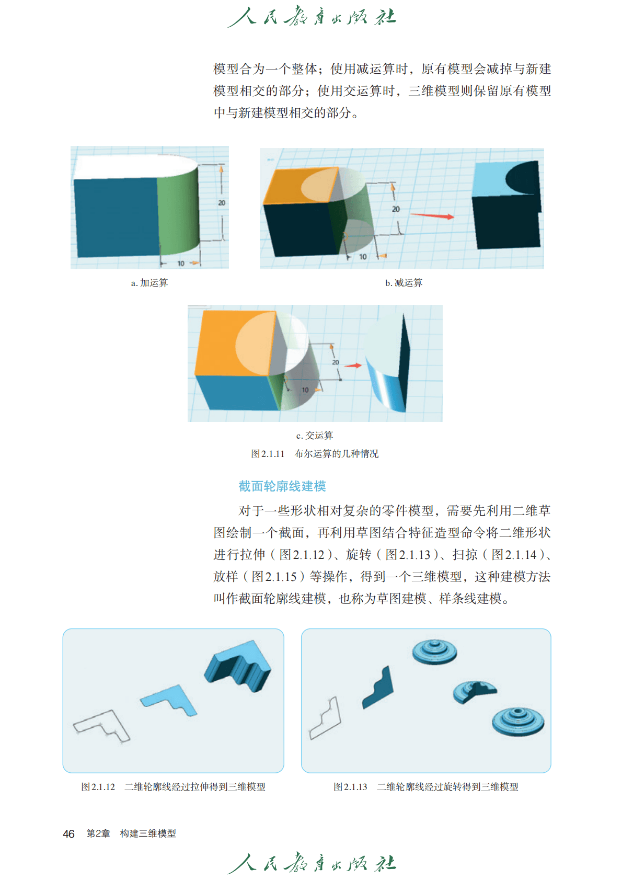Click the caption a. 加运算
pyautogui.click(x=149, y=283)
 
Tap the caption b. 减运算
pyautogui.click(x=404, y=283)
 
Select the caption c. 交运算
pyautogui.click(x=315, y=435)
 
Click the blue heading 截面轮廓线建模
pyautogui.click(x=282, y=486)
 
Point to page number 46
pyautogui.click(x=68, y=833)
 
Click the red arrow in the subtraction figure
pyautogui.click(x=432, y=215)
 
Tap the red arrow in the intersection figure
pyautogui.click(x=353, y=365)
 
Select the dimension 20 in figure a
pyautogui.click(x=222, y=203)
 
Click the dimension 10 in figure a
pyautogui.click(x=181, y=263)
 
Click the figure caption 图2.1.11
pyautogui.click(x=268, y=454)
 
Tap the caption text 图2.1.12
pyautogui.click(x=98, y=787)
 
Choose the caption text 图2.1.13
pyautogui.click(x=350, y=787)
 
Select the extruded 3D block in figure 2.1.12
pyautogui.click(x=238, y=666)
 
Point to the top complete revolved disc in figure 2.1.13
pyautogui.click(x=435, y=652)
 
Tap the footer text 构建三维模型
pyautogui.click(x=148, y=833)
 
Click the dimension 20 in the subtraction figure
pyautogui.click(x=396, y=209)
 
